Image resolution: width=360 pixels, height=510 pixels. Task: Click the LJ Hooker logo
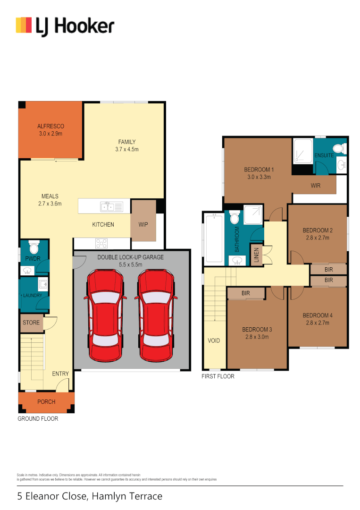click(x=65, y=25)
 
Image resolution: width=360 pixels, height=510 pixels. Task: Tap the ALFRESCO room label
click(x=50, y=127)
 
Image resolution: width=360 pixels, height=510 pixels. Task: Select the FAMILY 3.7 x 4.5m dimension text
click(x=126, y=149)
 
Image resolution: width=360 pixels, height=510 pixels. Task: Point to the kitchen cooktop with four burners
click(x=101, y=244)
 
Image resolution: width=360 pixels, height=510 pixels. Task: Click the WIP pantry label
click(x=143, y=224)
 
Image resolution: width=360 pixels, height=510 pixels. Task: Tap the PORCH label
click(x=46, y=402)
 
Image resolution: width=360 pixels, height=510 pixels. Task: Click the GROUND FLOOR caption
click(x=38, y=419)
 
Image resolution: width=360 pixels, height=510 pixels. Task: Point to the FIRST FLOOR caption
click(x=218, y=376)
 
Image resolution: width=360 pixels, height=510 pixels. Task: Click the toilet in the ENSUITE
click(x=343, y=148)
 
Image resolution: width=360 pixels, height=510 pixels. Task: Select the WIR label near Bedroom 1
click(x=316, y=186)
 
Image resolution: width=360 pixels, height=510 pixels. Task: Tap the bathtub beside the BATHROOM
click(x=214, y=238)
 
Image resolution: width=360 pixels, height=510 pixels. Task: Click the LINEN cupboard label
click(x=257, y=255)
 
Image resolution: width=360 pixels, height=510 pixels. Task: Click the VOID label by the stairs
click(x=214, y=340)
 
